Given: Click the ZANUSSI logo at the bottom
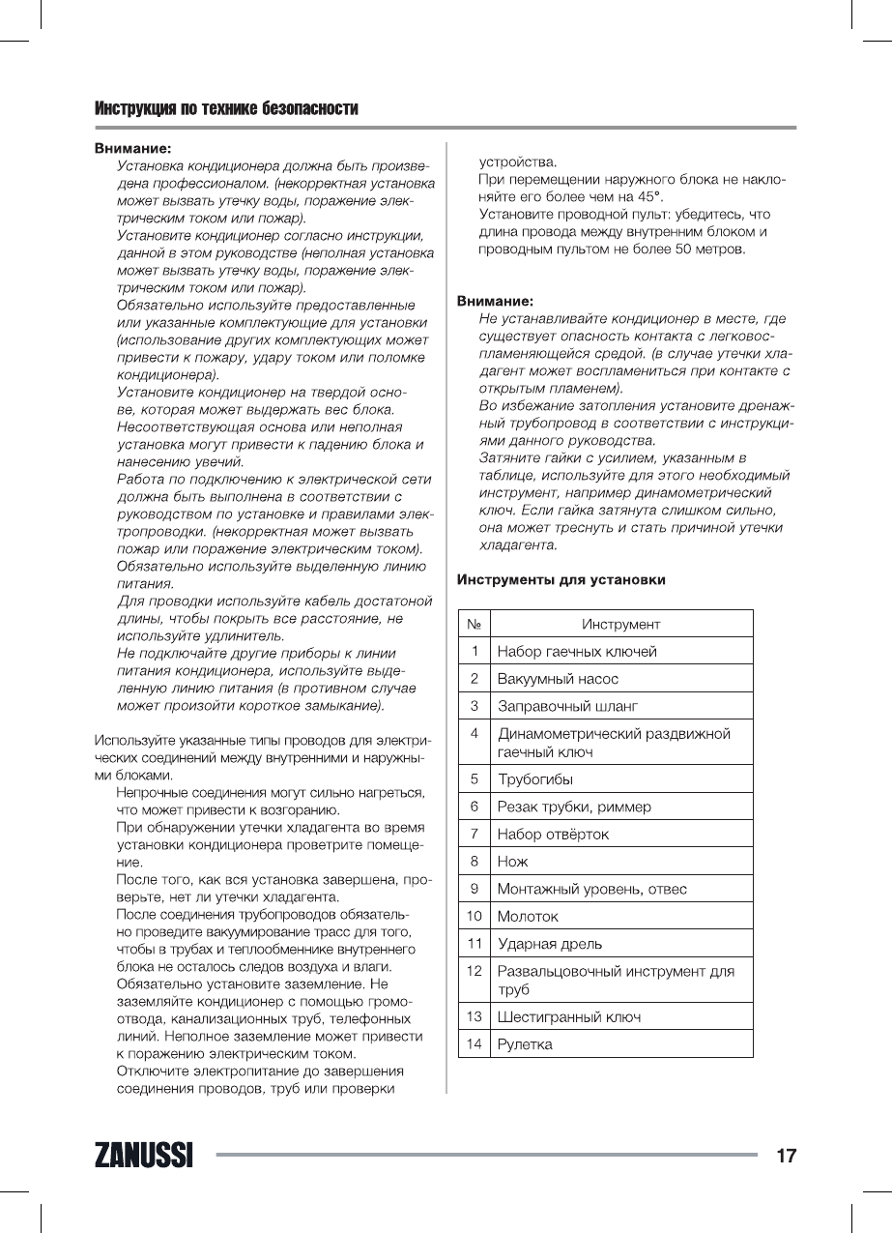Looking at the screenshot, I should point(143,1155).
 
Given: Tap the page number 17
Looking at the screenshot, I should point(786,1155).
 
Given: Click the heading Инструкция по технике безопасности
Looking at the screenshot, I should point(226,108).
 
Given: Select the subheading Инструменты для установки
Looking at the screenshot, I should point(561,580).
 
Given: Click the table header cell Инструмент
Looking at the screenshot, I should point(621,624).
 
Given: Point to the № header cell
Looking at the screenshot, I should point(475,624).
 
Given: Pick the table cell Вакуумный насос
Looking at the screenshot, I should point(558,679).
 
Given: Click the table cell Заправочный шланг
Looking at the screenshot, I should point(567,706).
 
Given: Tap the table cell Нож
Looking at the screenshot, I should point(512,861).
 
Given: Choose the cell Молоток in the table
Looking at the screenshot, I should point(528,916).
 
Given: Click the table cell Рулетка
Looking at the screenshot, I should point(525,1044).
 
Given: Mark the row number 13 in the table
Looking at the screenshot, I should point(475,1016).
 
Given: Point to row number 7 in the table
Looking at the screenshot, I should point(475,833).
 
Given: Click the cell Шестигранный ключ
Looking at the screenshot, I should point(568,1017).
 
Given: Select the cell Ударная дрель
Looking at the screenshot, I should point(549,943).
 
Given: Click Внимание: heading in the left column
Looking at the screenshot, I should point(132,149).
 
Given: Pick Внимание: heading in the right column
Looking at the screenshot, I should point(495,301).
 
